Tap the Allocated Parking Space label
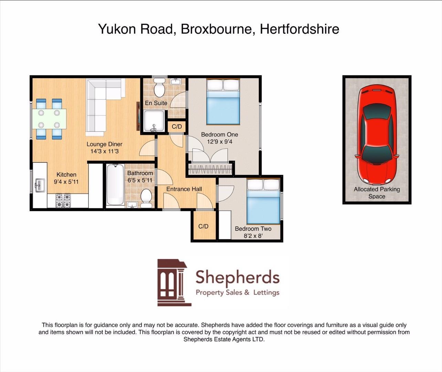(x=377, y=193)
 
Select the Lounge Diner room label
(x=104, y=144)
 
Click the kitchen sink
(x=39, y=186)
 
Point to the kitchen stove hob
(x=63, y=201)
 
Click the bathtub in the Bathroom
(x=115, y=185)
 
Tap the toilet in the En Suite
(x=159, y=88)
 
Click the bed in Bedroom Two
(x=263, y=201)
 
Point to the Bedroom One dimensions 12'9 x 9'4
(x=220, y=142)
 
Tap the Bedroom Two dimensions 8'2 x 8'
(x=253, y=236)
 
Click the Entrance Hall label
(x=184, y=189)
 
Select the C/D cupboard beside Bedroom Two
(x=203, y=226)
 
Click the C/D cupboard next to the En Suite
(x=177, y=126)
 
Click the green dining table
(x=49, y=119)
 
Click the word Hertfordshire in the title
(x=299, y=29)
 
